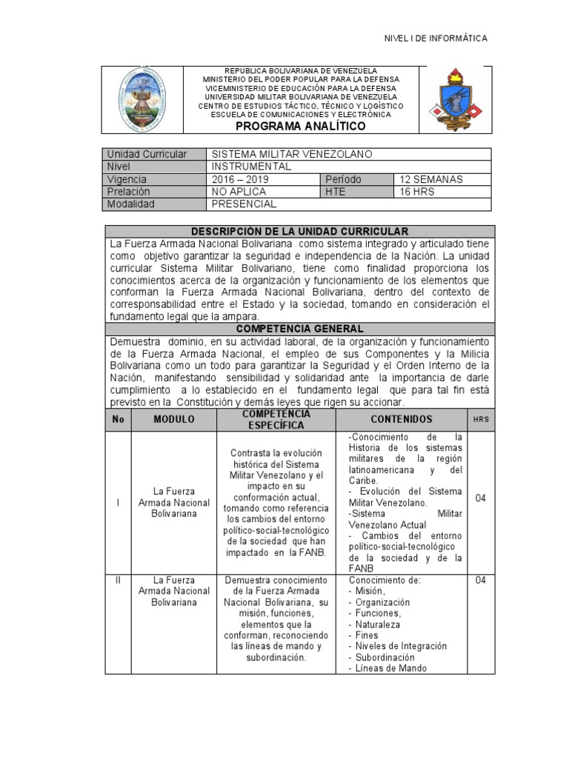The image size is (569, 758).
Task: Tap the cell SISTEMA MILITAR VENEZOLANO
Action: pyautogui.click(x=291, y=154)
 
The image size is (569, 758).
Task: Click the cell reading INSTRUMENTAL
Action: pyautogui.click(x=251, y=167)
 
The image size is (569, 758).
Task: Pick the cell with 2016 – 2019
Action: pyautogui.click(x=241, y=179)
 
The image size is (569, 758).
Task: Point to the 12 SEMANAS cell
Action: pyautogui.click(x=431, y=179)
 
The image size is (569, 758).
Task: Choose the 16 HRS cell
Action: pyautogui.click(x=417, y=192)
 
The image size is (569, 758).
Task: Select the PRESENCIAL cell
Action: pyautogui.click(x=244, y=204)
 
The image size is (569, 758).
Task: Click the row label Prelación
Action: pyautogui.click(x=129, y=192)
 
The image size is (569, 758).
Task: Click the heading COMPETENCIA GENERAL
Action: pyautogui.click(x=299, y=329)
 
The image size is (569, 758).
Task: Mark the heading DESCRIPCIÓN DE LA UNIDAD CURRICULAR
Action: pyautogui.click(x=299, y=232)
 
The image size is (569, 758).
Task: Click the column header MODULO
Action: pyautogui.click(x=174, y=420)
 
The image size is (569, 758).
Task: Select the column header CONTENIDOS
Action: pyautogui.click(x=402, y=420)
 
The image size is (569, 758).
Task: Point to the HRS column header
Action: pyautogui.click(x=481, y=420)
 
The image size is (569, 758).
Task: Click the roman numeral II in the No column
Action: pyautogui.click(x=118, y=580)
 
